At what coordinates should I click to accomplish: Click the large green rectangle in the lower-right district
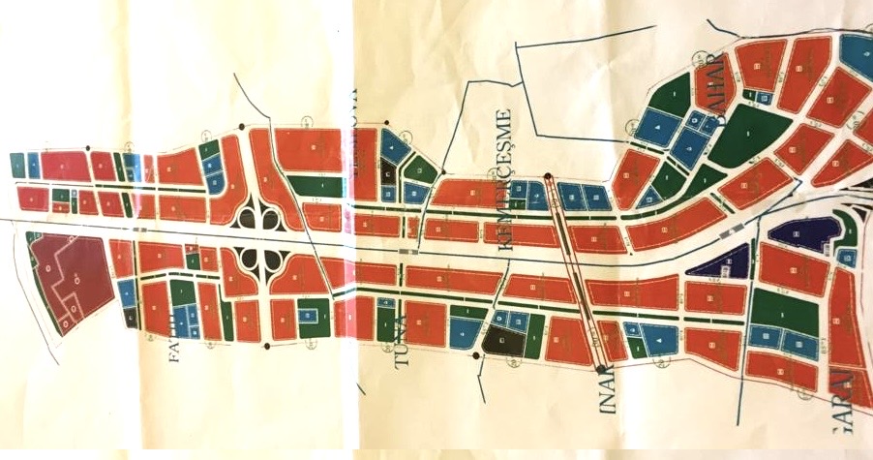coord(785,312)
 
